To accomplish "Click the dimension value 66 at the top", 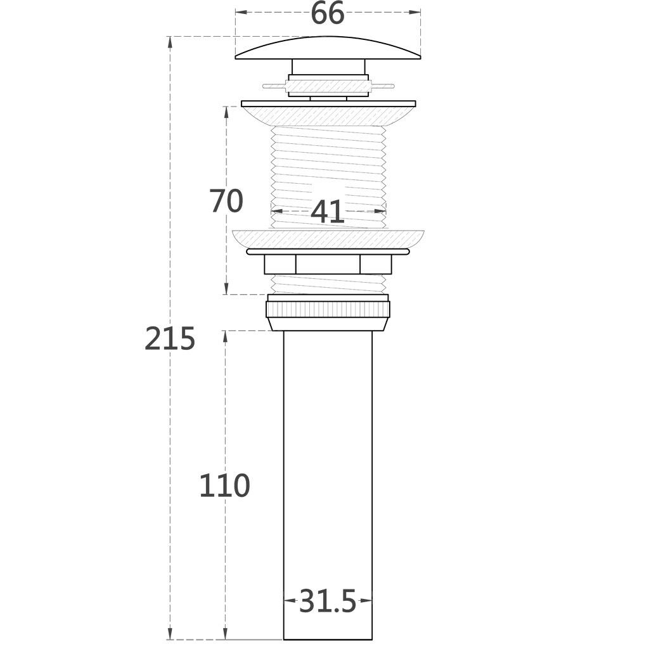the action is point(327,13).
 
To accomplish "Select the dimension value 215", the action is point(170,338).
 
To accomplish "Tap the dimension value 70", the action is point(226,201).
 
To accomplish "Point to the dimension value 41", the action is point(328,212).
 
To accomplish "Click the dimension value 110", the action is point(225,485).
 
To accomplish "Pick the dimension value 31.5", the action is point(328,601).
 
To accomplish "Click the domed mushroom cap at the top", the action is point(328,48).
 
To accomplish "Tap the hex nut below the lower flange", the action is point(328,264).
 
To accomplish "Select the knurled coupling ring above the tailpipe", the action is point(328,309).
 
